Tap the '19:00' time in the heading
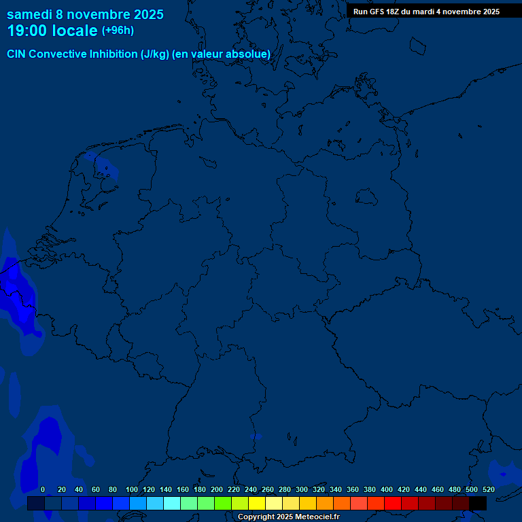27,31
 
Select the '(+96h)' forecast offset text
118,31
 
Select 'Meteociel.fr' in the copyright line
312,517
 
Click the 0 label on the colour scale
43,489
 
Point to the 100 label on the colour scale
132,489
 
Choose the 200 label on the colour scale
217,489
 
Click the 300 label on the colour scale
302,489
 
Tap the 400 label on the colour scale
387,489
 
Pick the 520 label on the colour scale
489,489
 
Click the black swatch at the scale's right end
478,503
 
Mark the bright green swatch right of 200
223,503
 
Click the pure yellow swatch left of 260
257,503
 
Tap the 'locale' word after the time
75,31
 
